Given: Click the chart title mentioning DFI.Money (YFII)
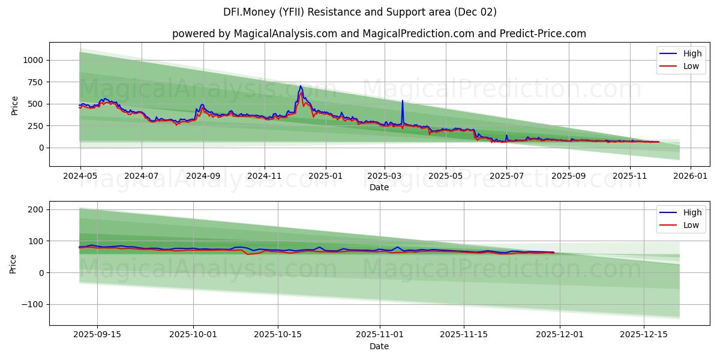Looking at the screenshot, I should point(359,12).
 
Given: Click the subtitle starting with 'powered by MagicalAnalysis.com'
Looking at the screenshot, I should point(379,34).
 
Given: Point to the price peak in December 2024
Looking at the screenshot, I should point(301,86).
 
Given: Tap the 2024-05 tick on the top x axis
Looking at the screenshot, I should point(80,176).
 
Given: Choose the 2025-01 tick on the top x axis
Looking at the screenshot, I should point(326,176).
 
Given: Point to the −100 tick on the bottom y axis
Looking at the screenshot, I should point(31,304).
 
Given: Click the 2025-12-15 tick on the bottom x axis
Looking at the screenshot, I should point(644,335).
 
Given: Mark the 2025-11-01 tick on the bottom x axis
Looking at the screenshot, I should point(379,335).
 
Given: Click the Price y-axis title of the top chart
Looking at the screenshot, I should point(15,105).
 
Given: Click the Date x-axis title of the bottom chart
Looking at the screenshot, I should point(379,346).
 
